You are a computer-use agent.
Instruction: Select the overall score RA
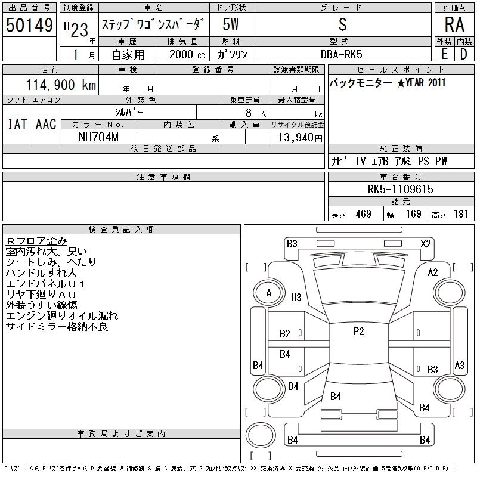point(454,25)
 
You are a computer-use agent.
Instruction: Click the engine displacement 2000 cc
point(182,54)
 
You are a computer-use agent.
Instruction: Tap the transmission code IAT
point(17,124)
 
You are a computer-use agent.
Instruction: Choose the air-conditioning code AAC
point(46,124)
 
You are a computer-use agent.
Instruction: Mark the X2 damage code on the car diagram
point(426,243)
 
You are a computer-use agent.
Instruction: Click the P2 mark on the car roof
point(358,332)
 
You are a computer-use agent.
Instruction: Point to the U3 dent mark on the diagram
point(296,297)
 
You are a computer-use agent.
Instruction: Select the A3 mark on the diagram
point(459,365)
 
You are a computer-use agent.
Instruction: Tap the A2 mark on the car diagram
point(433,272)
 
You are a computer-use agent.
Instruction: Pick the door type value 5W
point(231,25)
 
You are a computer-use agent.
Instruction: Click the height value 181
point(461,214)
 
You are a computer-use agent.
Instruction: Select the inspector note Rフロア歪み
point(36,241)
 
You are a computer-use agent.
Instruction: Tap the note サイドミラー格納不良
point(57,327)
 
